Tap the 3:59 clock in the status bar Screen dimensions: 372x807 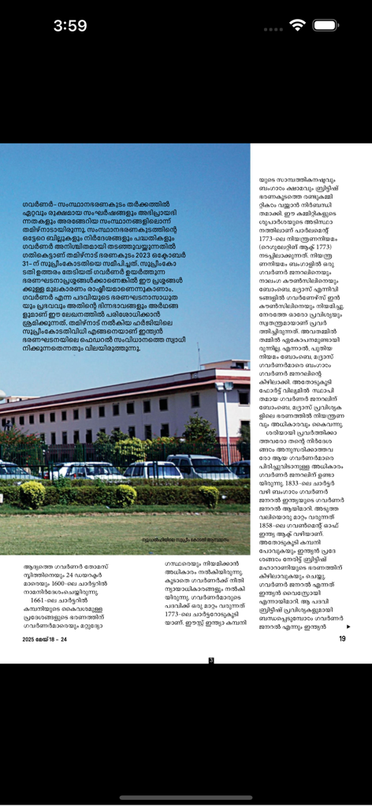(x=70, y=26)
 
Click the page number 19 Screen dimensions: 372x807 (x=341, y=638)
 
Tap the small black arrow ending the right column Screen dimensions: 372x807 (x=348, y=627)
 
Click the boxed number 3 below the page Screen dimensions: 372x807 (x=210, y=660)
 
